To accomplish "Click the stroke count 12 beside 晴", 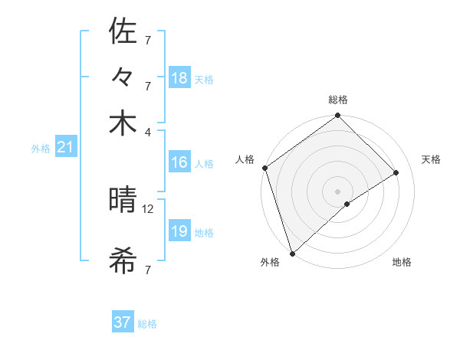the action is click(148, 208).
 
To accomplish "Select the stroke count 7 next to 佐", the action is click(148, 39).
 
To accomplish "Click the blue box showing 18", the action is click(179, 77).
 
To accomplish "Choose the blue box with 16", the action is click(179, 162).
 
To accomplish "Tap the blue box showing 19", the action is click(179, 231).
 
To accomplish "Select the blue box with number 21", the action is click(64, 148).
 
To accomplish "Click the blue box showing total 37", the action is click(123, 322).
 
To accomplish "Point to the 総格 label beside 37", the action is click(147, 324).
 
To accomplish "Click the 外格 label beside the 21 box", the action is click(41, 149).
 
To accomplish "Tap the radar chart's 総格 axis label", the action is click(338, 100).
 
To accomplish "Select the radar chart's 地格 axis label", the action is click(402, 263).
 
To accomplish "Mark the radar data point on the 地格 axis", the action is click(347, 204).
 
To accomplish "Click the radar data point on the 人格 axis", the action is click(264, 169).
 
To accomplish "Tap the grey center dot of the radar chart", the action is click(337, 191).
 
